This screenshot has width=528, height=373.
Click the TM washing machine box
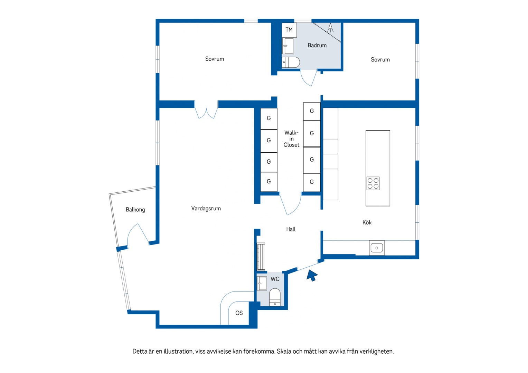point(289,30)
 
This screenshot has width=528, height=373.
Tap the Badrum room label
point(317,45)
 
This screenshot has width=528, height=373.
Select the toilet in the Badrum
point(291,62)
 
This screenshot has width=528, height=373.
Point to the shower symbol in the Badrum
point(330,28)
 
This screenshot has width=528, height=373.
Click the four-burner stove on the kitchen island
point(373,183)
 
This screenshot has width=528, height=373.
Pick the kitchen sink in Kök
point(377,248)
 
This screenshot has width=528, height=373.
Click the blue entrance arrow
point(312,275)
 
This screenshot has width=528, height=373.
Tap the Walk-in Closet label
point(291,139)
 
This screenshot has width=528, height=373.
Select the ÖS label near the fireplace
point(239,313)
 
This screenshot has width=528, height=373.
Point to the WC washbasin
point(262,283)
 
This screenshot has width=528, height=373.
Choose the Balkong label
point(135,210)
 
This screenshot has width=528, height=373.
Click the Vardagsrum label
point(206,209)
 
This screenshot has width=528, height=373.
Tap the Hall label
point(291,229)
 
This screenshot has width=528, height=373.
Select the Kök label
point(367,222)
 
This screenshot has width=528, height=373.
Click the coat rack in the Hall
point(261,257)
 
